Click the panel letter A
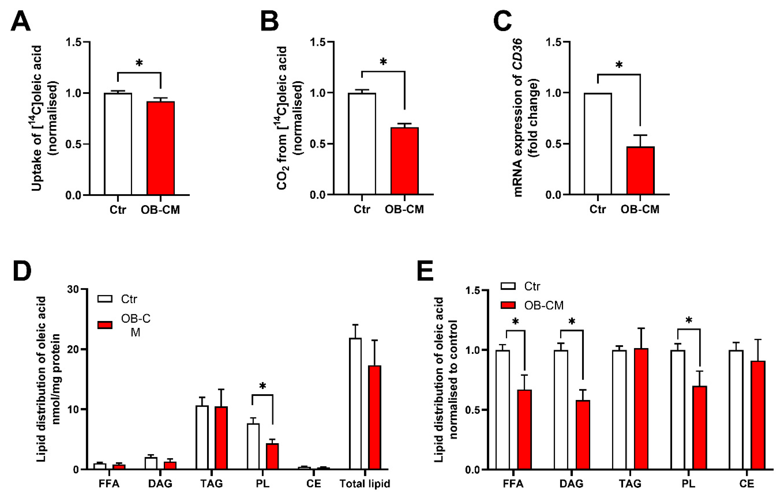click(x=20, y=21)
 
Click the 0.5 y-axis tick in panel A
click(x=74, y=144)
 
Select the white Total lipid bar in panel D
click(x=355, y=404)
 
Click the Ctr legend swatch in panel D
click(x=105, y=299)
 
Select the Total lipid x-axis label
click(x=365, y=484)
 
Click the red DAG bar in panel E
click(x=583, y=434)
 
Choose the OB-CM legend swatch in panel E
click(x=508, y=305)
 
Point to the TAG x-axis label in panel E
click(x=630, y=484)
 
